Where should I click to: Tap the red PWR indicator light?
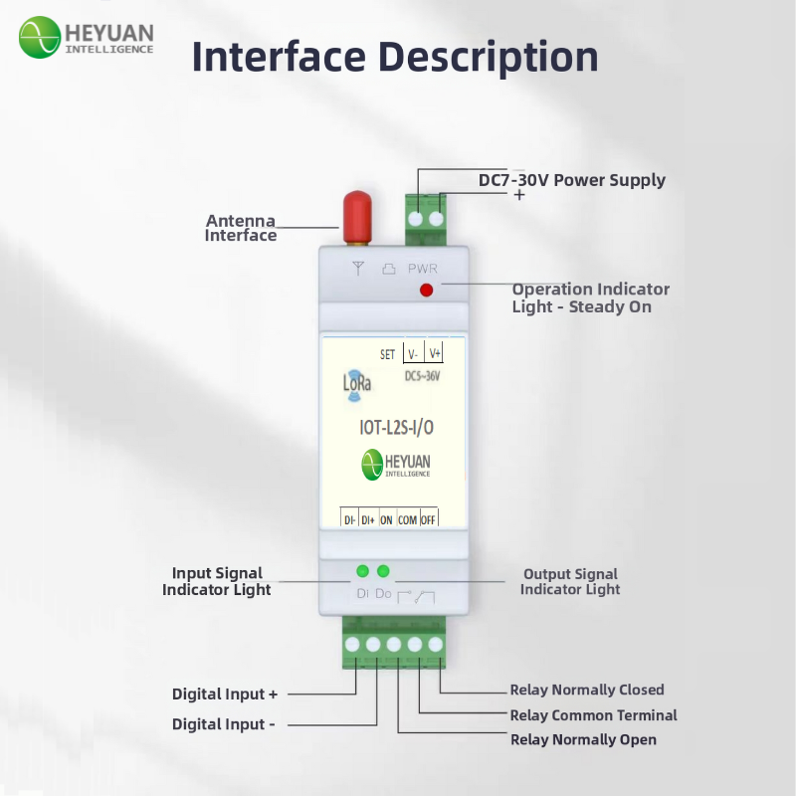(427, 290)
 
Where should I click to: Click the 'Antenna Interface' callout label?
(241, 228)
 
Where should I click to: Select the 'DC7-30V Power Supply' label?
(572, 180)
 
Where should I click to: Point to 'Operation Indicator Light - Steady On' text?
(590, 298)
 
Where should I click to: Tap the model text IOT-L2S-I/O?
(396, 427)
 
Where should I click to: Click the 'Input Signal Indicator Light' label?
(217, 581)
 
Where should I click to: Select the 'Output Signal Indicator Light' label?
(570, 581)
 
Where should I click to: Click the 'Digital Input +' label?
(225, 694)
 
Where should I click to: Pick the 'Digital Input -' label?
(224, 724)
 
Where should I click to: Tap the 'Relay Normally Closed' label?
(587, 690)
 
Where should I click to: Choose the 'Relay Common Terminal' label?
(593, 714)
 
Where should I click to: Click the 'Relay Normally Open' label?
(583, 739)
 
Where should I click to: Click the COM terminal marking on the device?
(408, 519)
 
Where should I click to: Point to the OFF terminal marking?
(429, 519)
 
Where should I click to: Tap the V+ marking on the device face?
(434, 354)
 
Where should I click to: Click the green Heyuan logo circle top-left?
(39, 37)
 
